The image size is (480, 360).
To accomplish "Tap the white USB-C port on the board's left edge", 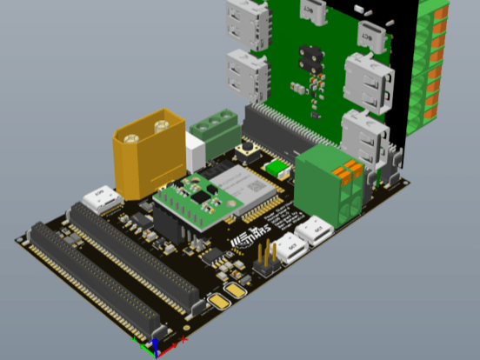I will [103, 198].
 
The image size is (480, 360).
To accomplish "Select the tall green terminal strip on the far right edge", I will [432, 61].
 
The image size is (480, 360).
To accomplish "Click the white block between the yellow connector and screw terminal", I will [195, 157].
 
